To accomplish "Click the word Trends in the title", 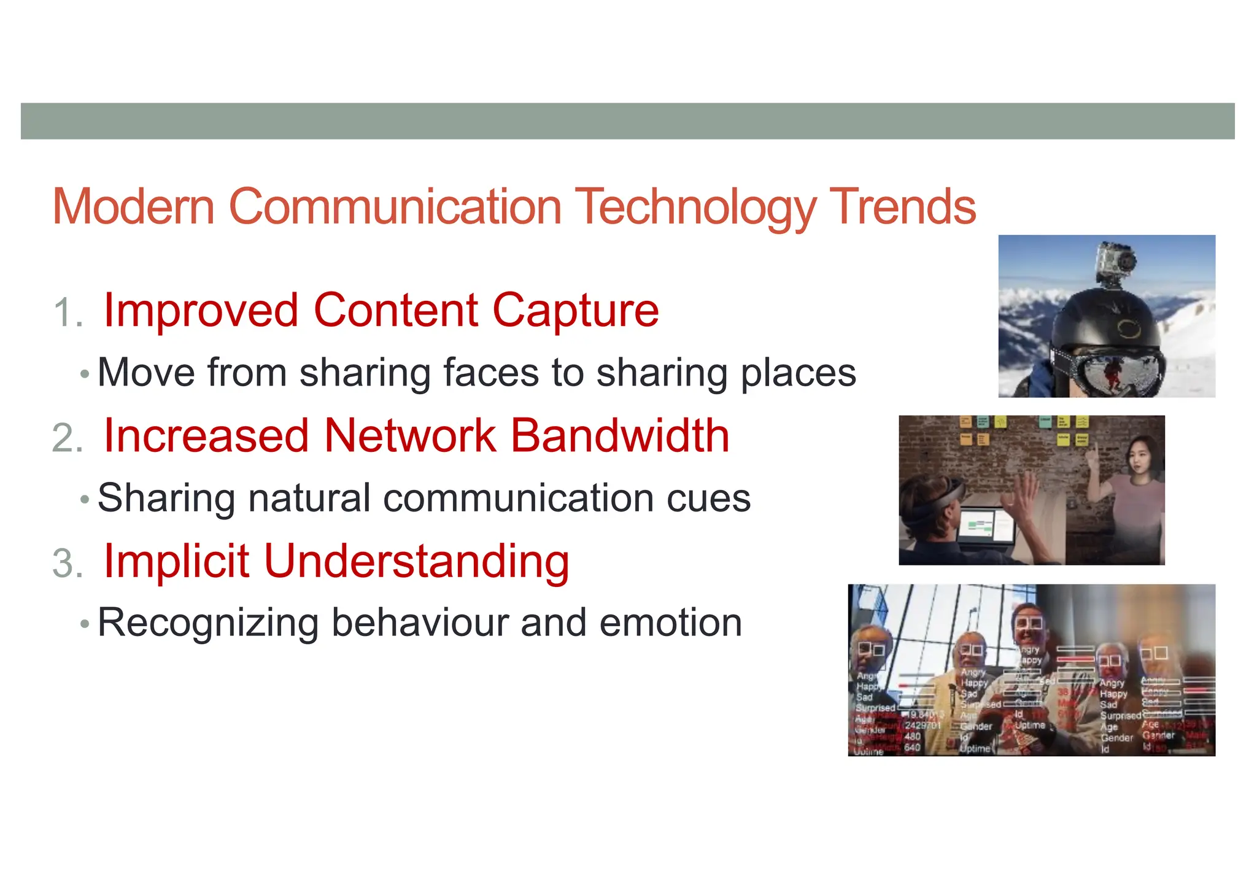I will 902,207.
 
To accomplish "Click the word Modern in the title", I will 133,207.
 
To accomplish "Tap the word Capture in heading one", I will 575,311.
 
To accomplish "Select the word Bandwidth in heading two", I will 619,436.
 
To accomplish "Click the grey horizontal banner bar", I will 627,121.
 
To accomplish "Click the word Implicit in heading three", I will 176,561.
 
